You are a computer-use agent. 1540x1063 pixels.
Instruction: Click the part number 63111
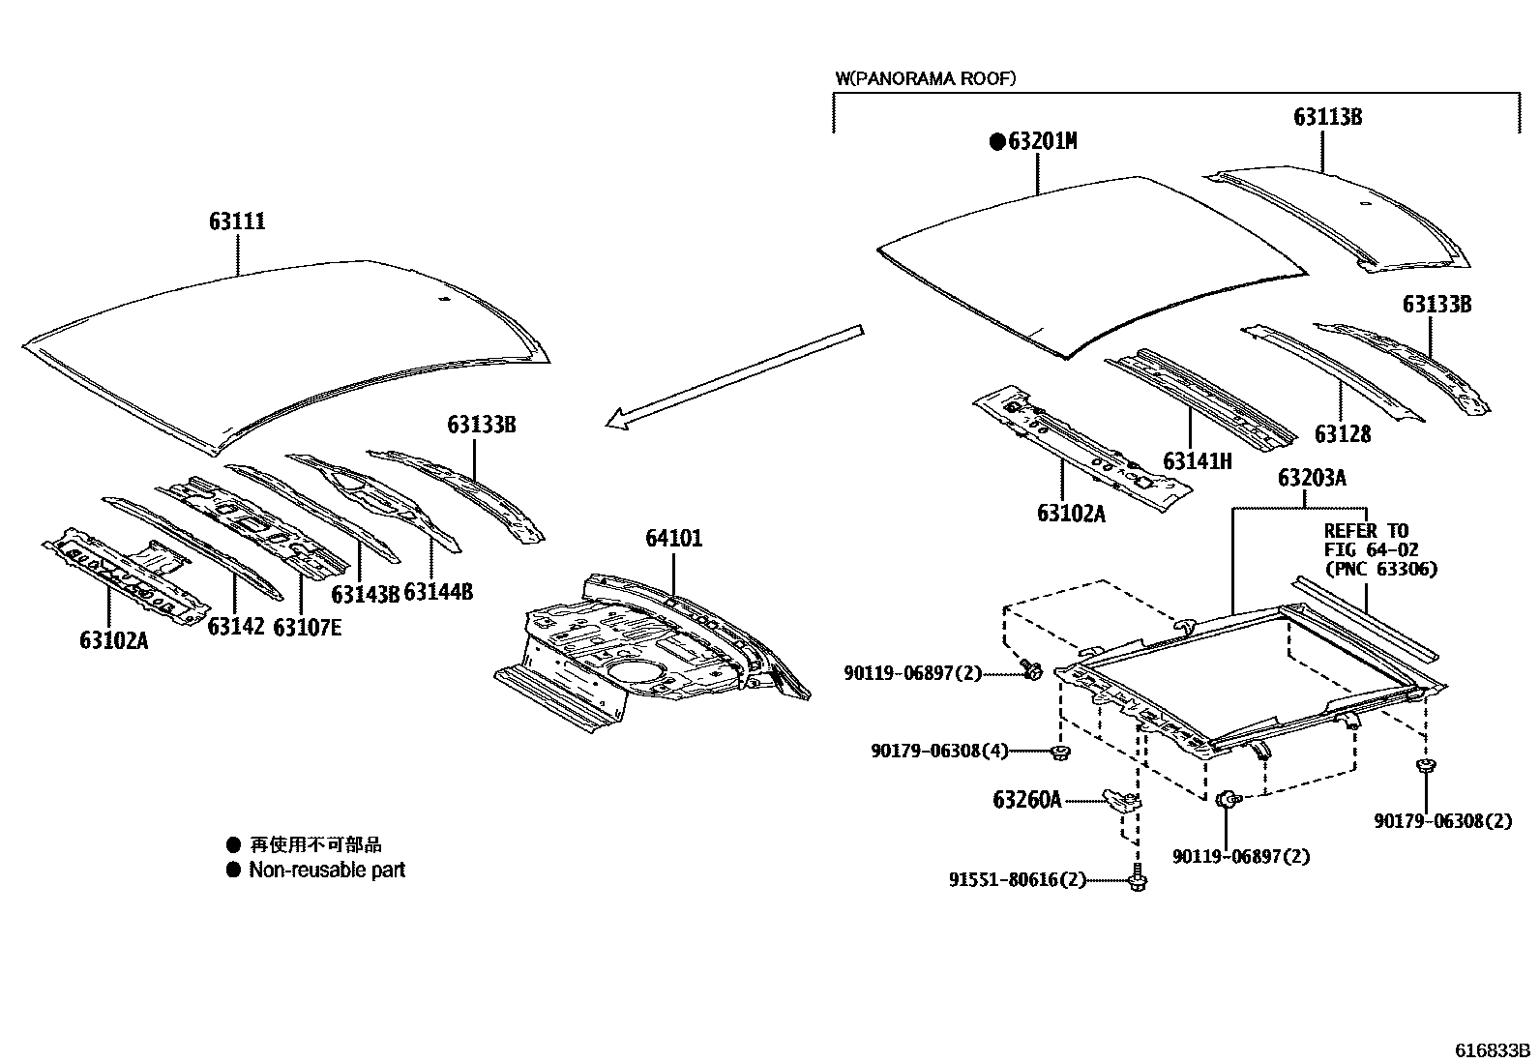237,221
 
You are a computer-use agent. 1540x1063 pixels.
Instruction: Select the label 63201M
1042,141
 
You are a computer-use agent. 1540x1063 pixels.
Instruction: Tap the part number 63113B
1328,117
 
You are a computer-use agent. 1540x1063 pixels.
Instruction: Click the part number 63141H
1198,461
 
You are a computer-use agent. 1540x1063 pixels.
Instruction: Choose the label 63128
1342,434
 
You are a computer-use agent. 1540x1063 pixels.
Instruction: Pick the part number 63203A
1312,478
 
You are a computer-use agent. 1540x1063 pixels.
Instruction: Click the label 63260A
1026,800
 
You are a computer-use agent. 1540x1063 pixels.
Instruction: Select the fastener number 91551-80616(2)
1018,880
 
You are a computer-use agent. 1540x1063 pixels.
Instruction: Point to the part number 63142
235,626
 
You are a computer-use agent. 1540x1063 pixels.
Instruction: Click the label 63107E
307,627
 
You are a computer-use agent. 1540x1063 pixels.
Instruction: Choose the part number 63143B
365,593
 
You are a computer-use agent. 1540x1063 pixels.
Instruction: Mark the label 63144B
438,592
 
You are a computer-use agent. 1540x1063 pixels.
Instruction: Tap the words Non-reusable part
327,870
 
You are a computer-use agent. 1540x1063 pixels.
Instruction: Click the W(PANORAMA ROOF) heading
925,79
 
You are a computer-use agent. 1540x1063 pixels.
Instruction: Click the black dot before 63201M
995,142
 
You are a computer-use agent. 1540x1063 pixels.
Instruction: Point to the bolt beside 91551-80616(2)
1138,881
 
